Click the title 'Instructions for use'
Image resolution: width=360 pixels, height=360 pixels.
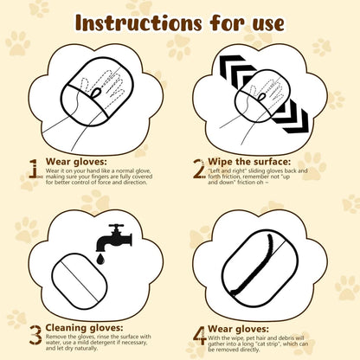[180, 21]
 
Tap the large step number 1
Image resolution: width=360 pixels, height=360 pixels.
[33, 168]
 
